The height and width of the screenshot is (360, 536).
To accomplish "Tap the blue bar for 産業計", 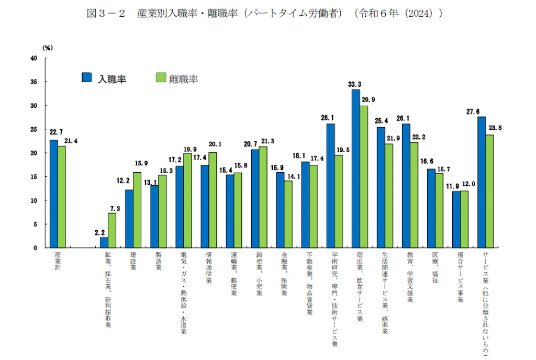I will click(x=53, y=194).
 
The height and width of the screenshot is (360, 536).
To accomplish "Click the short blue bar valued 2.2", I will click(x=104, y=242).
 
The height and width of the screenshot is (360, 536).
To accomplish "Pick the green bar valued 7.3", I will click(x=112, y=230).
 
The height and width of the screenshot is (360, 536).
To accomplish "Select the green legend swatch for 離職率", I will click(x=161, y=78).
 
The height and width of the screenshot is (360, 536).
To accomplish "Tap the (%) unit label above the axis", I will click(x=48, y=47).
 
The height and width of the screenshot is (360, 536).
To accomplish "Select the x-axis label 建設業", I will click(x=133, y=262).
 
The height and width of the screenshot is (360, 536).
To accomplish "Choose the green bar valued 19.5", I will click(x=339, y=201).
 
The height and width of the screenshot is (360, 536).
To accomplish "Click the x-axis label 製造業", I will click(x=158, y=262).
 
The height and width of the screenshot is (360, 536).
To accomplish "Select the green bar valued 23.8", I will click(x=489, y=191).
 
